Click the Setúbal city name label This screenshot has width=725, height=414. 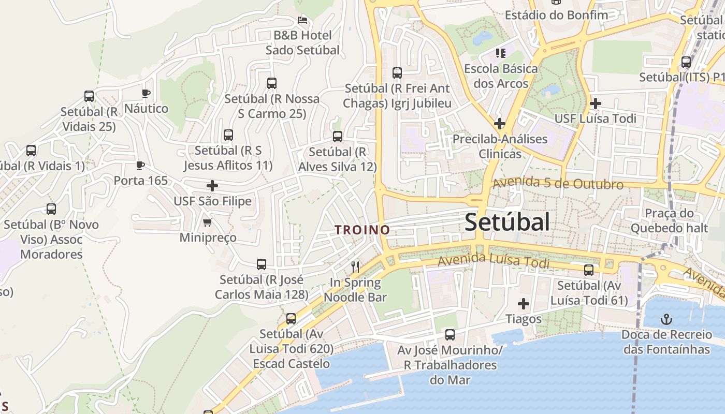(x=506, y=223)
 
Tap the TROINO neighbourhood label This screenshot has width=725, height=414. (x=362, y=230)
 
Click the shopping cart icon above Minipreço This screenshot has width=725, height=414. (x=208, y=223)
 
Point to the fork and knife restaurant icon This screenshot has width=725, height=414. (x=355, y=267)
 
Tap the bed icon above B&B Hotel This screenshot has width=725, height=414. (x=302, y=20)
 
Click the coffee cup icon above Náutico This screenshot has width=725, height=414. (x=146, y=94)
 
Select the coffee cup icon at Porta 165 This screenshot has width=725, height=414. (x=140, y=166)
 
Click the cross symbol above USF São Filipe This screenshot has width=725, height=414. (x=212, y=186)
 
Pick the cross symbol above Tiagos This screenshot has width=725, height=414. (x=524, y=304)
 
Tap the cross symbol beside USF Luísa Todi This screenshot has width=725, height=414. (x=596, y=103)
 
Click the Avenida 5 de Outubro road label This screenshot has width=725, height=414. (x=558, y=184)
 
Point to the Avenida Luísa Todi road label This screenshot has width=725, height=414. (x=493, y=260)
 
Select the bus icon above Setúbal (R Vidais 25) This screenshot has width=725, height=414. (x=89, y=96)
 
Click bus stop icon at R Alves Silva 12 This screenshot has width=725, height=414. (x=338, y=137)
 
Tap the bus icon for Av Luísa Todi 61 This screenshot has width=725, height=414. (x=589, y=270)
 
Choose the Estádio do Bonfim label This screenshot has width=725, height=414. (x=556, y=15)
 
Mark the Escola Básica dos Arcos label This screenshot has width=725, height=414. (x=501, y=76)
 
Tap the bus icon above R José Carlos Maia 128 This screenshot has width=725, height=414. (x=262, y=264)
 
